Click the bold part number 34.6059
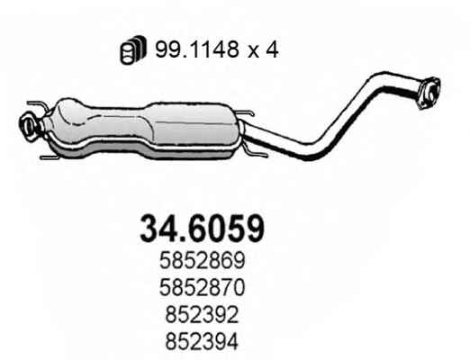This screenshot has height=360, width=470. click(x=203, y=229)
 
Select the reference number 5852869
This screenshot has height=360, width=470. click(x=203, y=260)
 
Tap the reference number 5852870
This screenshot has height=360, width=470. click(x=203, y=287)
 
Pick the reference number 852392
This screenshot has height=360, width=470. click(x=202, y=314)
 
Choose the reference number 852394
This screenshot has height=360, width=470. click(x=202, y=341)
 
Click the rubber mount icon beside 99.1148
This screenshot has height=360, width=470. click(x=133, y=49)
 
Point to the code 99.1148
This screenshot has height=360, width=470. click(x=197, y=49)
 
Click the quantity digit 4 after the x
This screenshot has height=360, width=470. click(x=272, y=49)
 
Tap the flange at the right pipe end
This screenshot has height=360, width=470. click(x=429, y=93)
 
